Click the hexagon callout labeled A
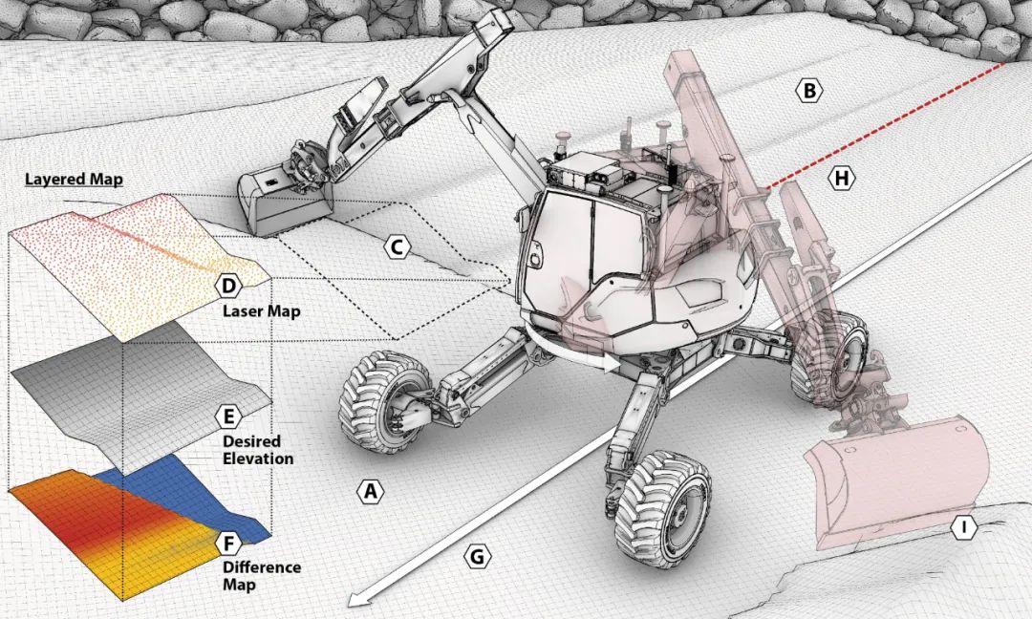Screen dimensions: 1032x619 (370, 491)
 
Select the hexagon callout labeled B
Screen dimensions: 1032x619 (809, 90)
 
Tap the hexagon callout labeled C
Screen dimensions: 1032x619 (397, 248)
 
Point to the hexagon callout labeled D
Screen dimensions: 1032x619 (229, 287)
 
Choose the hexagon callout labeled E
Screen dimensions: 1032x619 (229, 417)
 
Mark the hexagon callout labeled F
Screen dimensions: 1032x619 (229, 544)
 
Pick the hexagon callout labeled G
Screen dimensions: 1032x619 (477, 557)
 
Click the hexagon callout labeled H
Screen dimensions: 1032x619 (842, 179)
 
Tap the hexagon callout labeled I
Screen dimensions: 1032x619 (964, 527)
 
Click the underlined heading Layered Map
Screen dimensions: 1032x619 (74, 180)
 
